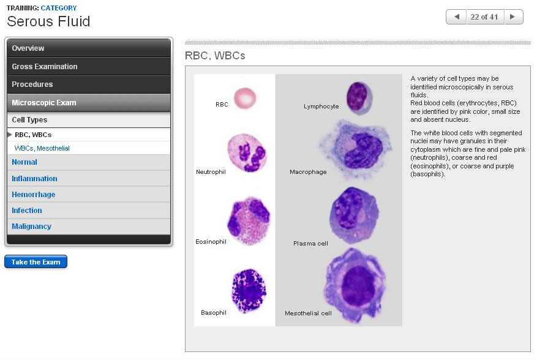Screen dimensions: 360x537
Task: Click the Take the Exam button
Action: pos(36,262)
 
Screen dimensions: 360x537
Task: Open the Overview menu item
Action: pos(28,48)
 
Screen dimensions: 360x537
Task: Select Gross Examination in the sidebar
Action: pos(45,66)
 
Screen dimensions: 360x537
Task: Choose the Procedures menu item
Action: pos(32,84)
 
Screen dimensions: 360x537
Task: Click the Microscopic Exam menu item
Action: pos(44,103)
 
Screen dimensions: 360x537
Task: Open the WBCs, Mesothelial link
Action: pos(42,148)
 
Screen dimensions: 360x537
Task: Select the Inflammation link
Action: pos(34,179)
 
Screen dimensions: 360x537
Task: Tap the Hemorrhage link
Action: pos(34,195)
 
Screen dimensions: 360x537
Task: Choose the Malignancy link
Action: pos(31,227)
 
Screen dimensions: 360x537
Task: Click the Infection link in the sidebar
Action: pos(27,211)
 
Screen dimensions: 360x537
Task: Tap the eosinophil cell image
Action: pos(248,220)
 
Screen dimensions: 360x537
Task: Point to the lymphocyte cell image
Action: pos(359,97)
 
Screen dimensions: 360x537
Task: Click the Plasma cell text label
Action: pos(310,244)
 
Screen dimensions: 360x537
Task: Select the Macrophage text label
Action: pos(308,172)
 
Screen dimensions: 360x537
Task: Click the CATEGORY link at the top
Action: pos(59,8)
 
